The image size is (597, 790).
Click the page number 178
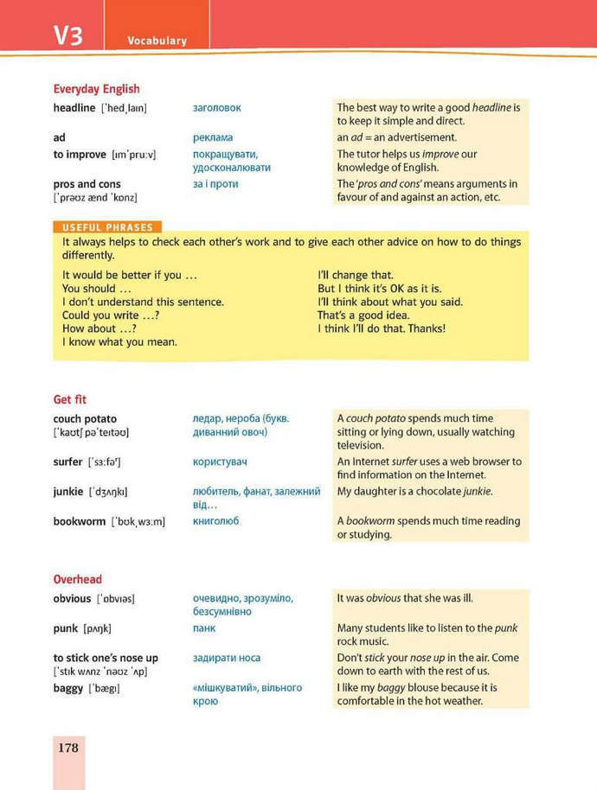[x=68, y=747]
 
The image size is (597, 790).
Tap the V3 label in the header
[x=68, y=35]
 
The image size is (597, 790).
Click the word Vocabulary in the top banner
[x=157, y=41]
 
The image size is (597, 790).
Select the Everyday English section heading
[x=96, y=88]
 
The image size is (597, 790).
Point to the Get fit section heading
[x=70, y=399]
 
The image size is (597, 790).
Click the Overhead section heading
[x=78, y=579]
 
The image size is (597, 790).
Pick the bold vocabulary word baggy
[x=68, y=688]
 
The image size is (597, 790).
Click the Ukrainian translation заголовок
[x=217, y=108]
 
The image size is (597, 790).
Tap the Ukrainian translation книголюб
[x=216, y=521]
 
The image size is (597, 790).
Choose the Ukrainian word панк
[x=204, y=628]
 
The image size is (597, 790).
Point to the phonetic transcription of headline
[x=125, y=108]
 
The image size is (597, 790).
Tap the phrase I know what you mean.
[x=119, y=341]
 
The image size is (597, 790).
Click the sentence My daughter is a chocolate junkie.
[x=414, y=491]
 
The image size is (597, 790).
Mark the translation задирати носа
[x=227, y=658]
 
